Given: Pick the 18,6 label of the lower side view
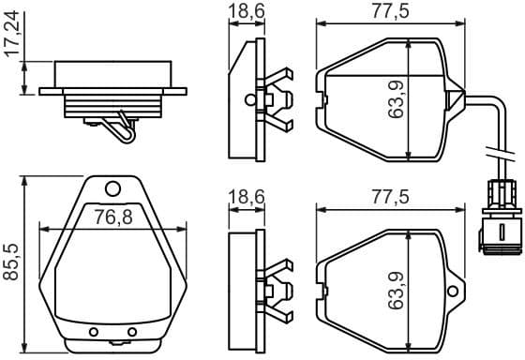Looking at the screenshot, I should tap(246, 197).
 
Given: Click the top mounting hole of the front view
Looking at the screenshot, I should tap(112, 187).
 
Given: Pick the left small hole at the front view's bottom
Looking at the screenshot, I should tap(93, 332).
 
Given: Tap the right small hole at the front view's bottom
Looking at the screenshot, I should tap(132, 332).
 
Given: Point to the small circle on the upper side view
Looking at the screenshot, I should tap(249, 98).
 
